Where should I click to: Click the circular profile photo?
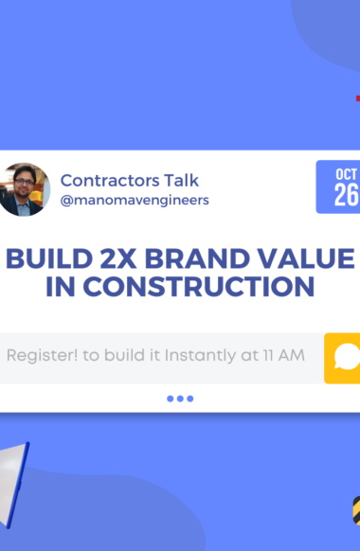(x=24, y=189)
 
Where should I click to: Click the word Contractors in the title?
(x=110, y=181)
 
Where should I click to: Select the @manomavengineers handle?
(x=135, y=201)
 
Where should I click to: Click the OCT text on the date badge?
(x=347, y=174)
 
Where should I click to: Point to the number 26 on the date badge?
(x=347, y=195)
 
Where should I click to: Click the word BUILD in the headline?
(x=49, y=258)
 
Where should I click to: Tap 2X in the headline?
(x=118, y=258)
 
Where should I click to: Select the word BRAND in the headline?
(x=197, y=258)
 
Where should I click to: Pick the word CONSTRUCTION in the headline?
(x=199, y=287)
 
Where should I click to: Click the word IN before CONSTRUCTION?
(x=60, y=287)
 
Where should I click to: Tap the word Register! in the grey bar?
(x=43, y=356)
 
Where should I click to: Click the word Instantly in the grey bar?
(x=201, y=356)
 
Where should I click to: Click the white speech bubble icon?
(x=348, y=357)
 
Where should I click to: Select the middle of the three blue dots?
(x=180, y=399)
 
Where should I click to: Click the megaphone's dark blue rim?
(x=18, y=485)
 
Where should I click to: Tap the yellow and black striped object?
(x=356, y=510)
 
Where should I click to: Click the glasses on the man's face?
(x=24, y=182)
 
